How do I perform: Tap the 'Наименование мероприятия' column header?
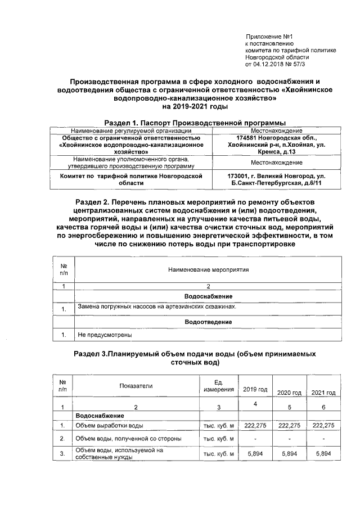208,270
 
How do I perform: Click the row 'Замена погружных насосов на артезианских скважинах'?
157,307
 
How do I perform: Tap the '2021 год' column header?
323,393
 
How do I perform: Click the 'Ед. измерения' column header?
218,386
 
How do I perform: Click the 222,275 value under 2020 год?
290,425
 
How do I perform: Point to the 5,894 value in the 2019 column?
255,453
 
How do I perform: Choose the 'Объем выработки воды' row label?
105,425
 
